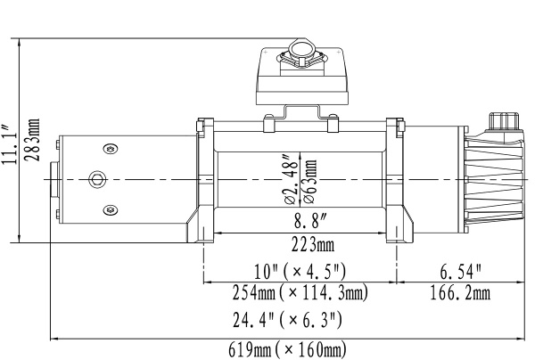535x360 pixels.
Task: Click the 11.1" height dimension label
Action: (x=10, y=140)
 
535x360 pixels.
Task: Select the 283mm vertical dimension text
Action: (x=33, y=139)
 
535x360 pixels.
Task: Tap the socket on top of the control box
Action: (x=301, y=53)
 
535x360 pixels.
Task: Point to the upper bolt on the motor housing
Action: (x=110, y=148)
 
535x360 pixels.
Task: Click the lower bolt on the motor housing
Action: (x=110, y=209)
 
